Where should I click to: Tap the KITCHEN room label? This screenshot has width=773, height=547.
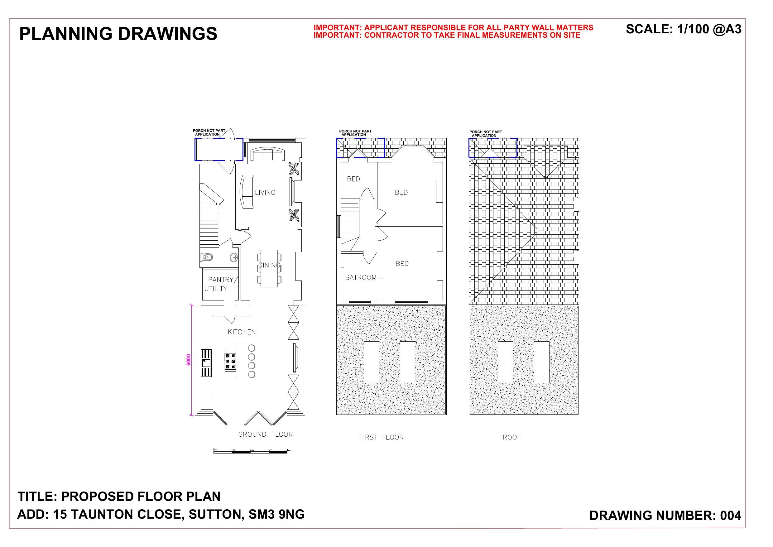tap(242, 332)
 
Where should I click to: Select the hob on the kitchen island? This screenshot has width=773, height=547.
tap(231, 362)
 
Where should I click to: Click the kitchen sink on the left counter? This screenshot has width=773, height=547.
tap(206, 363)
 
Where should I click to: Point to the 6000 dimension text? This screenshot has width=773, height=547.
tap(189, 359)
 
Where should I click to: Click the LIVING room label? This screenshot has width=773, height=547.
tap(265, 193)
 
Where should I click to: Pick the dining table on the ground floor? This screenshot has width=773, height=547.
tap(269, 268)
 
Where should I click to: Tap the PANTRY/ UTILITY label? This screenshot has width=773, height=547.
tap(221, 284)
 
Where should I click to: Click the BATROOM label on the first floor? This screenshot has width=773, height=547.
tap(361, 277)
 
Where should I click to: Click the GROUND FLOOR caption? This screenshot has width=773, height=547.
tap(266, 434)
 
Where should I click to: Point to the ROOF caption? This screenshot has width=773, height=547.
tap(511, 438)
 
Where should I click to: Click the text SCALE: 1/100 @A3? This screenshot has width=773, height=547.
tap(684, 29)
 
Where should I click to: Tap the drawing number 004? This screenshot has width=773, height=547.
tap(731, 516)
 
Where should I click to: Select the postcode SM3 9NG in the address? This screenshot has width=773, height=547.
tap(276, 514)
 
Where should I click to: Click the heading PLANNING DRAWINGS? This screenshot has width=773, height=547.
tap(118, 34)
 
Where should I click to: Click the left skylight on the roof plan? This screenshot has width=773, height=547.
tap(505, 362)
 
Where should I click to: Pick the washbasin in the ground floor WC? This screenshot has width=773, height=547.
tap(234, 258)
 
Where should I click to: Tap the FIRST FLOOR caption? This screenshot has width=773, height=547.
tap(381, 438)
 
